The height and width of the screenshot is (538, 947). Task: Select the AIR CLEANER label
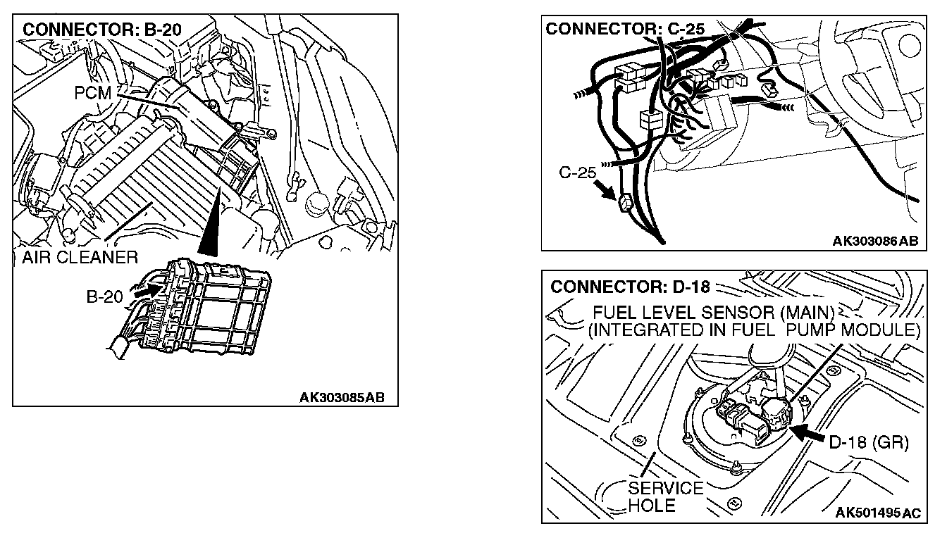[75, 257]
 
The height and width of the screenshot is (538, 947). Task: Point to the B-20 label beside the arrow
[104, 297]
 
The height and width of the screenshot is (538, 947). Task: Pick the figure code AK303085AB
[342, 397]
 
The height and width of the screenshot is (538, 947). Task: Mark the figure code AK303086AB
[876, 241]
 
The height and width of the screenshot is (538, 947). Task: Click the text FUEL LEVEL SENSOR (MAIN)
[714, 312]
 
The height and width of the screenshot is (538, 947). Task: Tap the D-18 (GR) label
[868, 444]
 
